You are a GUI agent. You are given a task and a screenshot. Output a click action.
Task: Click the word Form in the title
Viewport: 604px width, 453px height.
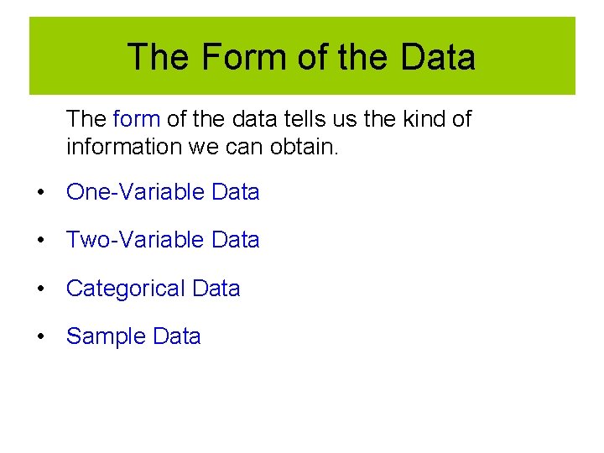(x=230, y=57)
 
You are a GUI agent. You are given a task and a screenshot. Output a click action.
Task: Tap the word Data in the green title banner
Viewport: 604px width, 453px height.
(x=438, y=57)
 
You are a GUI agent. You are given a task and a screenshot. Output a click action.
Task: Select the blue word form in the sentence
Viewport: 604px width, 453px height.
(x=136, y=119)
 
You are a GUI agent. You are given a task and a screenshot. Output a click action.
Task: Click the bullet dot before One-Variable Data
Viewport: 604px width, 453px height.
(x=39, y=193)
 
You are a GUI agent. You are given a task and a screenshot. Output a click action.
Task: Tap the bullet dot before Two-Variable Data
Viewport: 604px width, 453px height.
(x=39, y=241)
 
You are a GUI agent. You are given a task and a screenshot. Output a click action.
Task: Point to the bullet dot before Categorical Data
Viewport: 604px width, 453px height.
(x=39, y=289)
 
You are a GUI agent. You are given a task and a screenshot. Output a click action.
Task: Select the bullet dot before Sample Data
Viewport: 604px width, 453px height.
(x=39, y=337)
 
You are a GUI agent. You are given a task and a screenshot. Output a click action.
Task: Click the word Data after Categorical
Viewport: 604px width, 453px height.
(x=216, y=289)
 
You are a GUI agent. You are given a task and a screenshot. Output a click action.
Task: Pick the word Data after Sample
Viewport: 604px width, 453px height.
(x=177, y=336)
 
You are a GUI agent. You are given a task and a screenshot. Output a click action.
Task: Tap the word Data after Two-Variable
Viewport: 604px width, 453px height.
(x=236, y=240)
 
